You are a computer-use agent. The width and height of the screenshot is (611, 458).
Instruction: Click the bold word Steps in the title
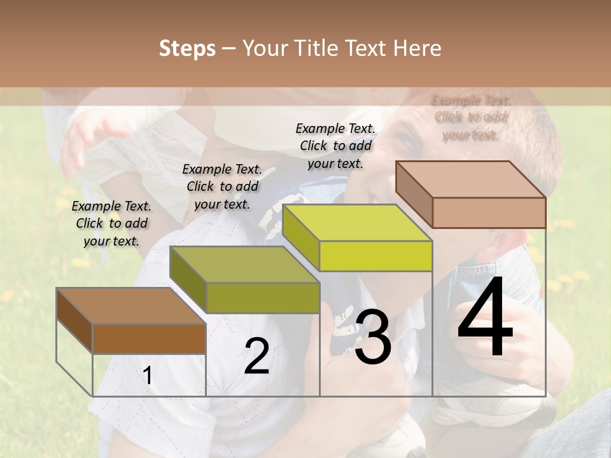(187, 48)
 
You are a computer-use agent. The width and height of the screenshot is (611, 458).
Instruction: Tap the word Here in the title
(416, 48)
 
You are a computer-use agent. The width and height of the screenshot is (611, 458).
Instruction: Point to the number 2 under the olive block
(256, 356)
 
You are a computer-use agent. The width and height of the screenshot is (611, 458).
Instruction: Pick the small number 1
(148, 376)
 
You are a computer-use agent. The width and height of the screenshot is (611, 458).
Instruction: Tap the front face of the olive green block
(263, 298)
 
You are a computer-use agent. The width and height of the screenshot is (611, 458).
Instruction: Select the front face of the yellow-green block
(376, 256)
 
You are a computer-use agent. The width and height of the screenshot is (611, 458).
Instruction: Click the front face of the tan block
(489, 212)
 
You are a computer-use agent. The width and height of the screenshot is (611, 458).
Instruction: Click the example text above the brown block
(111, 223)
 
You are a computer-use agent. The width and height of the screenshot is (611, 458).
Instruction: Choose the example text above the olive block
(222, 186)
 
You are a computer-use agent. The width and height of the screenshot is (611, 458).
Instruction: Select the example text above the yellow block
(335, 146)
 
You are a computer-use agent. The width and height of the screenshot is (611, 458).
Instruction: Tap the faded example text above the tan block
(471, 117)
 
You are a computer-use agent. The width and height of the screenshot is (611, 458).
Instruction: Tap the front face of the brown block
(149, 338)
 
